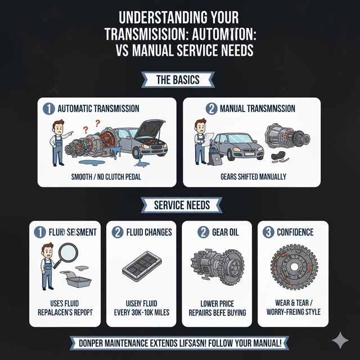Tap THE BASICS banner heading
pyautogui.click(x=178, y=80)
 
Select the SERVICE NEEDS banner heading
pyautogui.click(x=178, y=205)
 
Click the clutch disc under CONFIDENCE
pyautogui.click(x=292, y=268)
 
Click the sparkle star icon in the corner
pyautogui.click(x=340, y=340)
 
